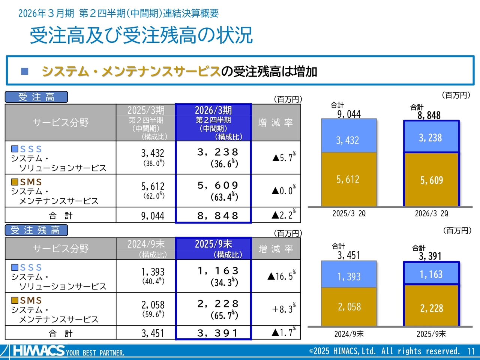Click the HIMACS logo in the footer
[39, 351]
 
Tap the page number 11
[471, 351]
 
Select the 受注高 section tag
[36, 97]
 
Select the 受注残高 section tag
[36, 230]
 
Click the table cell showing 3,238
[213, 157]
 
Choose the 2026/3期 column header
[213, 122]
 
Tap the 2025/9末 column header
[213, 248]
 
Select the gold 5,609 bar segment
[431, 180]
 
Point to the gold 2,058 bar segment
[349, 307]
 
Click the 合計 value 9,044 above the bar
[349, 114]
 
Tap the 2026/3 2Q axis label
[431, 214]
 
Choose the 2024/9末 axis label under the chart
[349, 334]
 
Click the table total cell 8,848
[213, 216]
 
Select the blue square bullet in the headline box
[25, 71]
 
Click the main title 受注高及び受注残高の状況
[141, 35]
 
